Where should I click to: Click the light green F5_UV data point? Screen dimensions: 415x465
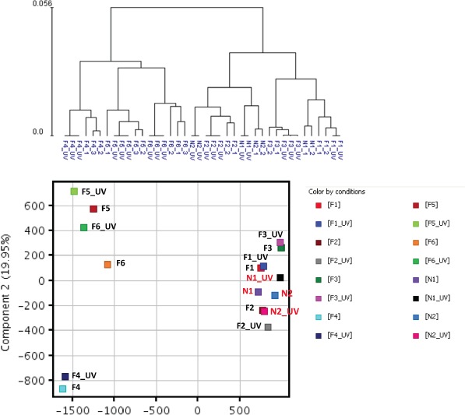click(x=74, y=192)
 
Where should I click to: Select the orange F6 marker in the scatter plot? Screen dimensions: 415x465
click(x=107, y=265)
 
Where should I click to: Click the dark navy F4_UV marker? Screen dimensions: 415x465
click(x=65, y=377)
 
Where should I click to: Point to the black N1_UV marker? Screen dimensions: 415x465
click(x=280, y=278)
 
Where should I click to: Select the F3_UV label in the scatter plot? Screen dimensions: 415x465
click(x=270, y=234)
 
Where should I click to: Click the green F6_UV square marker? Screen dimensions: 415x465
click(x=83, y=227)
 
